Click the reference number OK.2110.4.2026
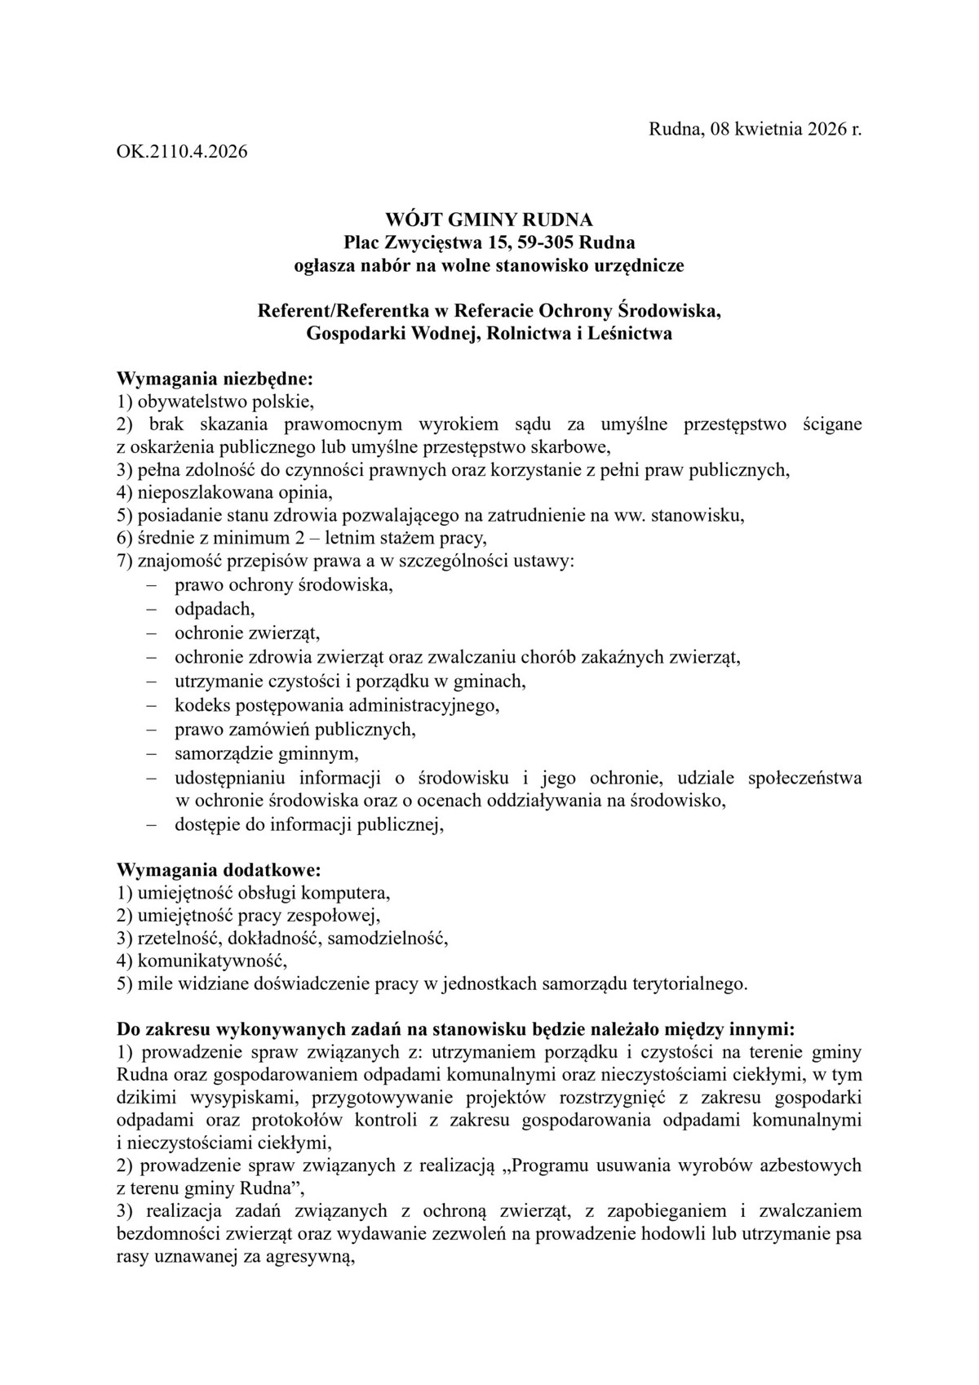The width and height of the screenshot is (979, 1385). pyautogui.click(x=182, y=152)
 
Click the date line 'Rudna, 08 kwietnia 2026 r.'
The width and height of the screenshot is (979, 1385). pyautogui.click(x=755, y=129)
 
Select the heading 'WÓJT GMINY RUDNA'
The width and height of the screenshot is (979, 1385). pyautogui.click(x=489, y=220)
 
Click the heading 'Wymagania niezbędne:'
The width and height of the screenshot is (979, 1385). pyautogui.click(x=215, y=379)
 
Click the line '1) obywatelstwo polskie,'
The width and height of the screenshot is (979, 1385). pyautogui.click(x=216, y=402)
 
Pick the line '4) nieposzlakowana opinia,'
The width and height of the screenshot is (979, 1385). pyautogui.click(x=226, y=493)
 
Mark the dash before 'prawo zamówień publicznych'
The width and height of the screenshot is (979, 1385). pyautogui.click(x=151, y=729)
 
